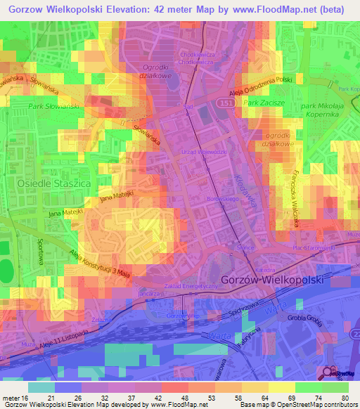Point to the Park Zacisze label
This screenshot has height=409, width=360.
(x=262, y=103)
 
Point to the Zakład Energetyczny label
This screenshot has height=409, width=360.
(x=190, y=287)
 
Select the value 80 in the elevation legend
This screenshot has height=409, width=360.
(x=345, y=398)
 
